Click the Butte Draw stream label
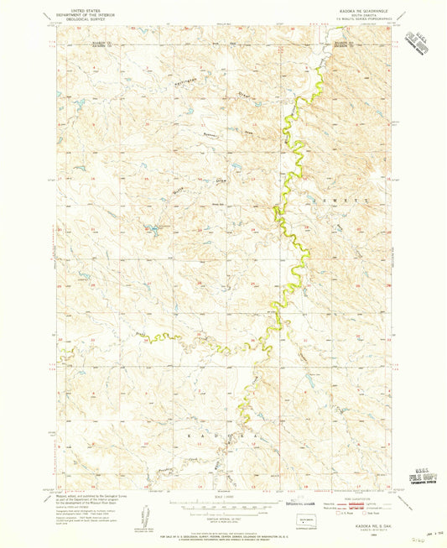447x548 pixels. tap(184, 181)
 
